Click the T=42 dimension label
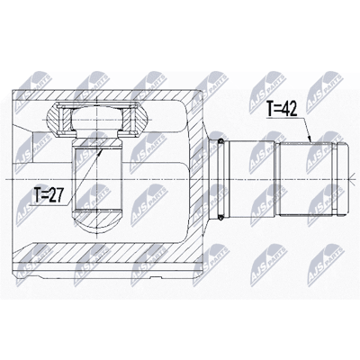282,110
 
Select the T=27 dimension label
48,196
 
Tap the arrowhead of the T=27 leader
100,151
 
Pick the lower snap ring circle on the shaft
221,215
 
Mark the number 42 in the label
290,110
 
